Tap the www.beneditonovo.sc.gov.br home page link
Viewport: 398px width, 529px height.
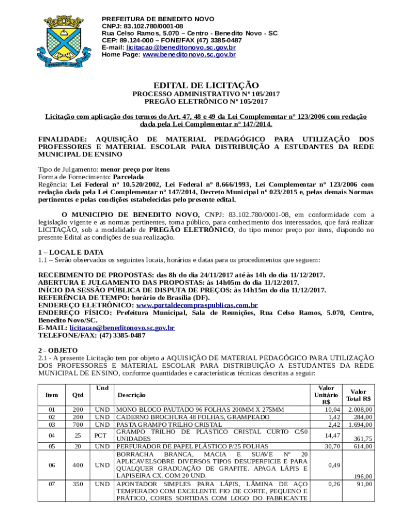click(x=189, y=54)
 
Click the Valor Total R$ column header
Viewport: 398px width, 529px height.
click(x=361, y=395)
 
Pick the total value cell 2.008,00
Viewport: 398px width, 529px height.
click(x=361, y=410)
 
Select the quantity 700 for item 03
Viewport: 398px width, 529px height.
click(x=78, y=424)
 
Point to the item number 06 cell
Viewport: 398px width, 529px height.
click(x=52, y=465)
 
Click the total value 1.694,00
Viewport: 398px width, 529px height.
click(x=361, y=424)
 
